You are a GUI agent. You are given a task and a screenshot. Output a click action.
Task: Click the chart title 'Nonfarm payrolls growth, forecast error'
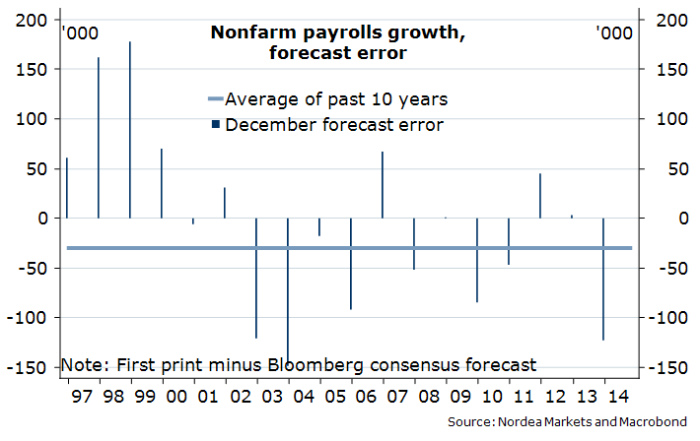[337, 42]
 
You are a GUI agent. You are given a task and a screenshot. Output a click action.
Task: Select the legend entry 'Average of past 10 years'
[336, 99]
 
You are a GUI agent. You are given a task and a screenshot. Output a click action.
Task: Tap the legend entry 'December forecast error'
[333, 125]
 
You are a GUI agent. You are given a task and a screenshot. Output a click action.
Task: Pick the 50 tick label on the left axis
[35, 168]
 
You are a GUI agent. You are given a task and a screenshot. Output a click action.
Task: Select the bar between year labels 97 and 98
[99, 138]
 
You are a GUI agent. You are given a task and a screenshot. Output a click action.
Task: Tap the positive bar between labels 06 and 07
[383, 185]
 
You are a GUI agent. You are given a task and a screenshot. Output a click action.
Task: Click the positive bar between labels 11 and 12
[540, 196]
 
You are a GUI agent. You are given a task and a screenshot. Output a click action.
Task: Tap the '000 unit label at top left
[79, 33]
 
